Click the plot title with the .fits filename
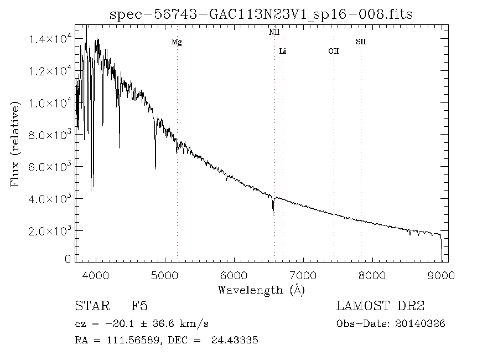[x=261, y=14]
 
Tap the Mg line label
[x=177, y=42]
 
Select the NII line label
[x=274, y=33]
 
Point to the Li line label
[x=283, y=52]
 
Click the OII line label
[x=333, y=52]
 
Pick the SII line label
[x=361, y=42]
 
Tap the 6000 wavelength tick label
[x=234, y=275]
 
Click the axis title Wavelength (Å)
[x=261, y=290]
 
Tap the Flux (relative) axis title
[x=15, y=143]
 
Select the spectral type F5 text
[x=139, y=306]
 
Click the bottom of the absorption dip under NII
[x=273, y=215]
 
